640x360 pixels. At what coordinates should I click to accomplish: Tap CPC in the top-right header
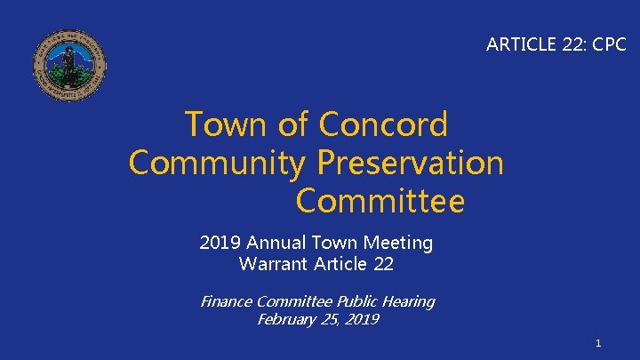tap(608, 44)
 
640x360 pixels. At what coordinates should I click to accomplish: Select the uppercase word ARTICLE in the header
tap(518, 44)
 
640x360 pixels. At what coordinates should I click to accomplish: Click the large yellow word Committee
tap(380, 202)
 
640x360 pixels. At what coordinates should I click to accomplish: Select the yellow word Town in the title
tap(227, 125)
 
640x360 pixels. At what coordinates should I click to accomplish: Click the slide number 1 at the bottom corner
tap(599, 342)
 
